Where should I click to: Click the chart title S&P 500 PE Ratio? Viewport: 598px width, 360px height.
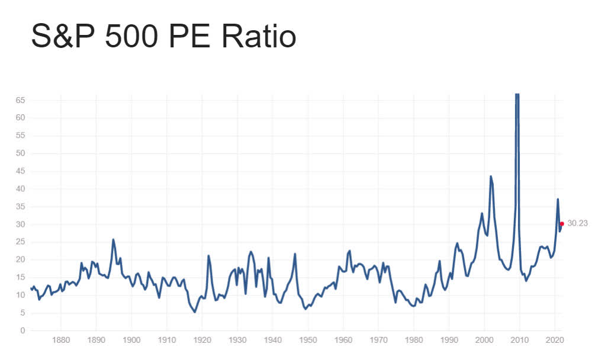(163, 37)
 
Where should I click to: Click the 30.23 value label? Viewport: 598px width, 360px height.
(577, 224)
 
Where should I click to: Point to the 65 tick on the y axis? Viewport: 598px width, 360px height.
(20, 100)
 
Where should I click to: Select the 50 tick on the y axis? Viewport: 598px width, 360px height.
(20, 153)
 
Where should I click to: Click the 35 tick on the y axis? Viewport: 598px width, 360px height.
(20, 207)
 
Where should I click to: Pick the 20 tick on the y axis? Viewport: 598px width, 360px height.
(20, 259)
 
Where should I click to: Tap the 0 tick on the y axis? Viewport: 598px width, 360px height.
(22, 330)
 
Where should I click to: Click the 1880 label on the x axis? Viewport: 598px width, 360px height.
(61, 340)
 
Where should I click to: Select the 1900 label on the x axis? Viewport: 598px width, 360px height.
(131, 340)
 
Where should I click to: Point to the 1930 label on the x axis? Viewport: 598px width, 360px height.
(237, 340)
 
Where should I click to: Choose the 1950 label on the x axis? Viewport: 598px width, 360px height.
(308, 340)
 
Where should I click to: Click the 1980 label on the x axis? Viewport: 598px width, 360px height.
(414, 340)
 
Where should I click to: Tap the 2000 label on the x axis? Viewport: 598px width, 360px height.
(484, 340)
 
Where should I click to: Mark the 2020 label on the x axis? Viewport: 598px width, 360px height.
(555, 340)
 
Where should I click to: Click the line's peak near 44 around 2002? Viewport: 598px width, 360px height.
(491, 176)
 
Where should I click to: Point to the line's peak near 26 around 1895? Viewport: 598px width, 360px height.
(113, 240)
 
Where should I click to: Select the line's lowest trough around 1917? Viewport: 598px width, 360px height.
(195, 312)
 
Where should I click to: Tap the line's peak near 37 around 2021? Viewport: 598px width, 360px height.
(558, 200)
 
